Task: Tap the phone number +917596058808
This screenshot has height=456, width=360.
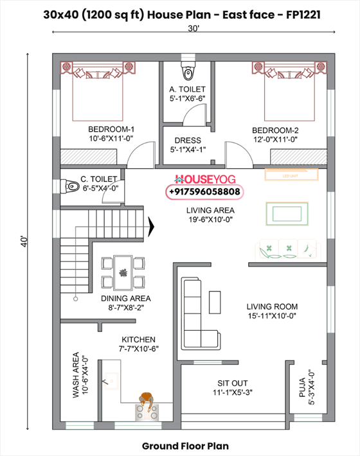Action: point(205,192)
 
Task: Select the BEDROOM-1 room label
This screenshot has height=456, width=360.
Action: point(111,128)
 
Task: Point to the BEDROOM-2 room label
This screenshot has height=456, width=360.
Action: point(274,128)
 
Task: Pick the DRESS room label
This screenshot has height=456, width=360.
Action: point(187,140)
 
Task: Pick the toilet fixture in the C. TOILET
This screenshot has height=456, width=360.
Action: point(69,186)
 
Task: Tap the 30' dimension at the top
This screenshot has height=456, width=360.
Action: point(193,28)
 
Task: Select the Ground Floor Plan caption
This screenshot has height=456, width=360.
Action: point(184,445)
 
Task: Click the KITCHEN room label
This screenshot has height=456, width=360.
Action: point(139,339)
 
